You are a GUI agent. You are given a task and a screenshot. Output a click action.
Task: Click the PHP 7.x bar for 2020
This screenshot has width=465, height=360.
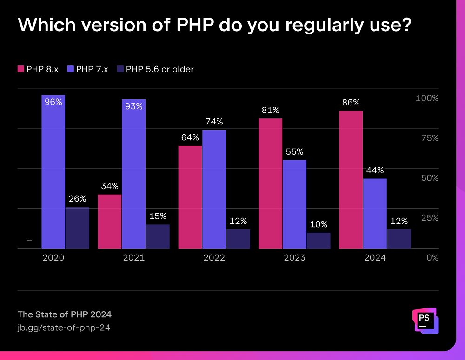pos(53,177)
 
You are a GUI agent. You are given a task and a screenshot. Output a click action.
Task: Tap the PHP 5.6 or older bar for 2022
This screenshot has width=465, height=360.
pos(238,239)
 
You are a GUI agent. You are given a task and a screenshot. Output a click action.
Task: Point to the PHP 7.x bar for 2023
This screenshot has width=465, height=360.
pos(294,204)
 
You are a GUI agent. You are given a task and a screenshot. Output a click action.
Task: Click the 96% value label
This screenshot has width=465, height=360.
pos(53,102)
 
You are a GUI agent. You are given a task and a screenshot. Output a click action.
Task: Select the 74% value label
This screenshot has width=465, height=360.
pos(214,122)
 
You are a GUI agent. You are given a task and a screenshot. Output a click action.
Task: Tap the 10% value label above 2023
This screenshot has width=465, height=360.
pos(319,224)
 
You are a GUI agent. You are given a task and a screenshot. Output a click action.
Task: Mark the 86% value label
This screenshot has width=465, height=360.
pos(351,103)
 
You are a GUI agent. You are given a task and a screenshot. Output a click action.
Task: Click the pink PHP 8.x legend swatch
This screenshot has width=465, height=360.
pos(20,69)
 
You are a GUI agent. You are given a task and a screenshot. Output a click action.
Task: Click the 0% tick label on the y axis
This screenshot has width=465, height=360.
pos(432,257)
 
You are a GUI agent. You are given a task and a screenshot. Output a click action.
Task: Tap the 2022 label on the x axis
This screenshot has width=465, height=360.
pos(214,257)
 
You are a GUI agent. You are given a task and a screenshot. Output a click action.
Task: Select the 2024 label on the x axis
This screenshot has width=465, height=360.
pos(375,257)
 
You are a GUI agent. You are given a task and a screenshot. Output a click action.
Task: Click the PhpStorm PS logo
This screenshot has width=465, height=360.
pos(425,321)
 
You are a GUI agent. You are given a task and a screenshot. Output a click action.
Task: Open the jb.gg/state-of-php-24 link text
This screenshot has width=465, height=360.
pos(64,327)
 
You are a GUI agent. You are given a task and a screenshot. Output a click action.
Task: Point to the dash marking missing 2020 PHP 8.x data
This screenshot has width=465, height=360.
pos(29,240)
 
